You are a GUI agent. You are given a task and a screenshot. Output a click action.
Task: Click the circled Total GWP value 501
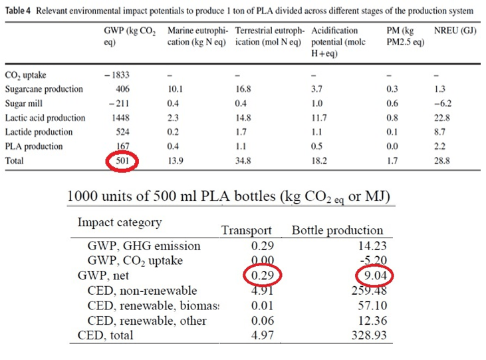pyautogui.click(x=123, y=160)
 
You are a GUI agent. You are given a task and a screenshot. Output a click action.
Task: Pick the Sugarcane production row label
pyautogui.click(x=44, y=89)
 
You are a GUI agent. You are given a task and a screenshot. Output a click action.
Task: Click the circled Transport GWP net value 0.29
pyautogui.click(x=259, y=275)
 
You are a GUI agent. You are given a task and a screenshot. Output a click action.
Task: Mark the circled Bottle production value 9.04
pyautogui.click(x=370, y=275)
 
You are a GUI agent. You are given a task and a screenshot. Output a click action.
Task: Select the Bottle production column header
pyautogui.click(x=337, y=230)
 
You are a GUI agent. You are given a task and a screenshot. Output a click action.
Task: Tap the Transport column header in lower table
pyautogui.click(x=246, y=230)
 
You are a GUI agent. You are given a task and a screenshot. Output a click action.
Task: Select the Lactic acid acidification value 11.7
pyautogui.click(x=321, y=118)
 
